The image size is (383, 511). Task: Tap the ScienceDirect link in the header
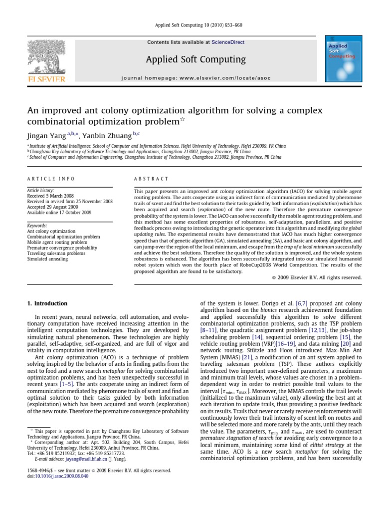pyautogui.click(x=228, y=42)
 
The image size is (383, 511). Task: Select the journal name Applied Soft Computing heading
pyautogui.click(x=195, y=60)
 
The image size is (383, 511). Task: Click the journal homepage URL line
pyautogui.click(x=195, y=78)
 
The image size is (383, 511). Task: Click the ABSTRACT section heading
pyautogui.click(x=152, y=179)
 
